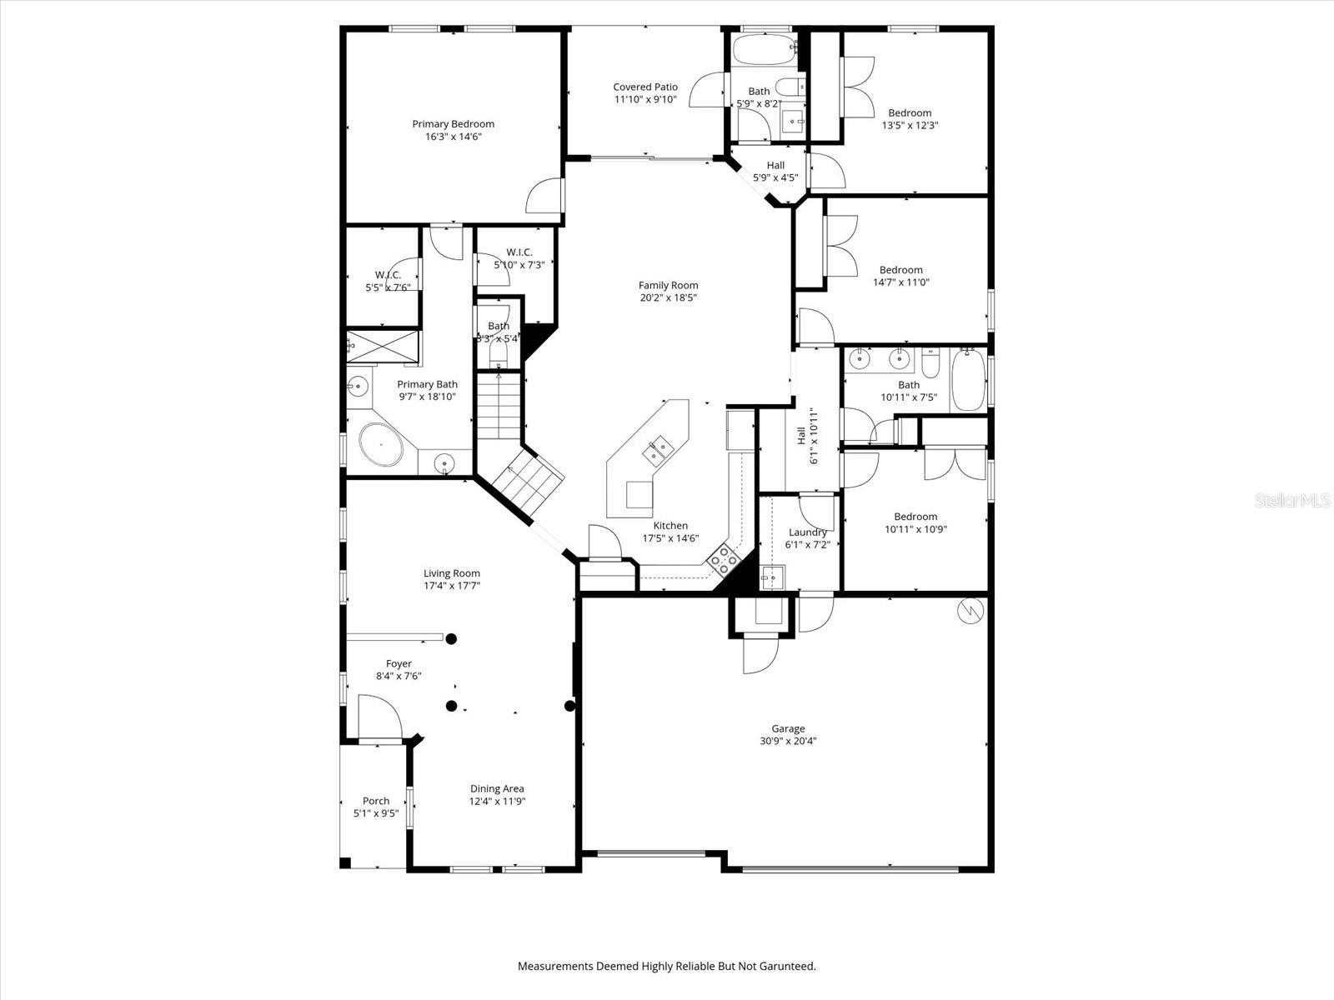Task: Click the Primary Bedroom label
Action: (453, 124)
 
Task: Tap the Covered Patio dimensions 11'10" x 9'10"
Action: (645, 99)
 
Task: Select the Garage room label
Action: (787, 728)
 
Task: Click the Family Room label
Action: (668, 285)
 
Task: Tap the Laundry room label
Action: (807, 532)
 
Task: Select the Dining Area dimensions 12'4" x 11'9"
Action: (497, 802)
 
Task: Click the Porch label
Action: (375, 801)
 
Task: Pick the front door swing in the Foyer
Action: (378, 715)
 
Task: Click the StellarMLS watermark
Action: (1293, 500)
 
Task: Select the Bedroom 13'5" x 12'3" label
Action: (910, 113)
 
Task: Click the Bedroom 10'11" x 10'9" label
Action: (915, 517)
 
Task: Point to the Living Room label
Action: (451, 573)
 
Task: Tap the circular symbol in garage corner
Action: (970, 611)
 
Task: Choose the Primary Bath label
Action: (427, 384)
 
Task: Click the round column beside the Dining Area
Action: (569, 706)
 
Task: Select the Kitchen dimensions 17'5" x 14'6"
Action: (670, 538)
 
